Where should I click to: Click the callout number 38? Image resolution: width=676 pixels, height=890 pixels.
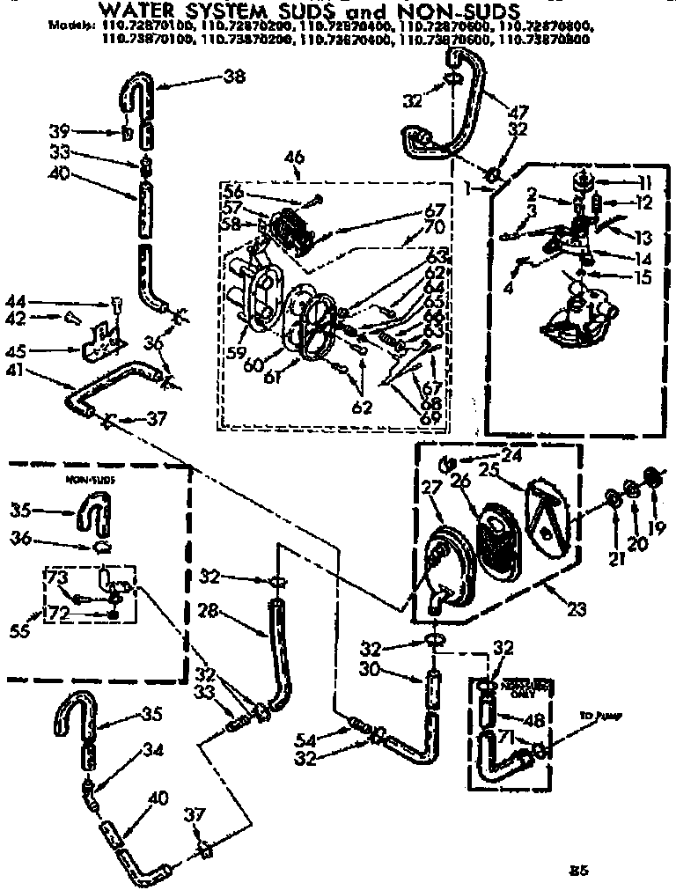pos(233,77)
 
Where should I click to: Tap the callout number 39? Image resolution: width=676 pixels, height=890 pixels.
pos(59,131)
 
